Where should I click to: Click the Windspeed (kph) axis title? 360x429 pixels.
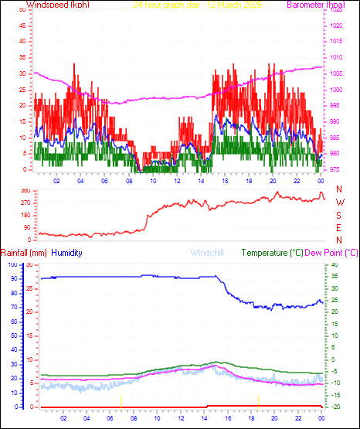click(58, 5)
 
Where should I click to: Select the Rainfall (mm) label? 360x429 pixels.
click(24, 253)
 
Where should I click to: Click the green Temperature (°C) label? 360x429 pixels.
click(272, 253)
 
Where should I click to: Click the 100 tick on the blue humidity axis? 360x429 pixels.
click(11, 264)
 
